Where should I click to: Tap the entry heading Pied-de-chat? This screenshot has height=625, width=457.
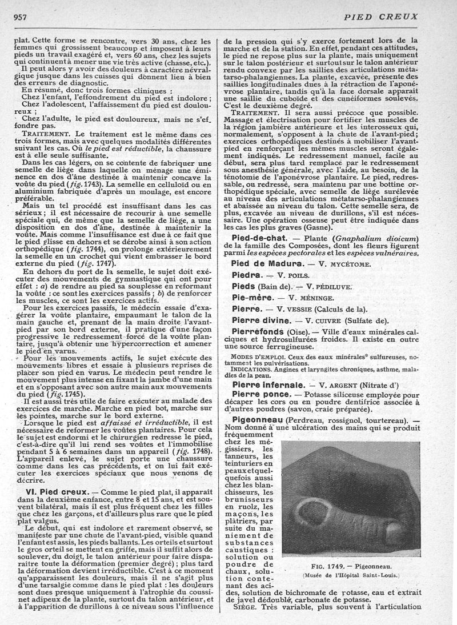[x=262, y=238]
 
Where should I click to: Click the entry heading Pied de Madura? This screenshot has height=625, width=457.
[x=266, y=263]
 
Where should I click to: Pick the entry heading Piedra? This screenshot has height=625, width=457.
[x=247, y=275]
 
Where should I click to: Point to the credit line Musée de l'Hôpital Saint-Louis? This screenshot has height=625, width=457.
[x=351, y=575]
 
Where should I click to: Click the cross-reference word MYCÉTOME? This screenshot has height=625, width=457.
[x=351, y=264]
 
